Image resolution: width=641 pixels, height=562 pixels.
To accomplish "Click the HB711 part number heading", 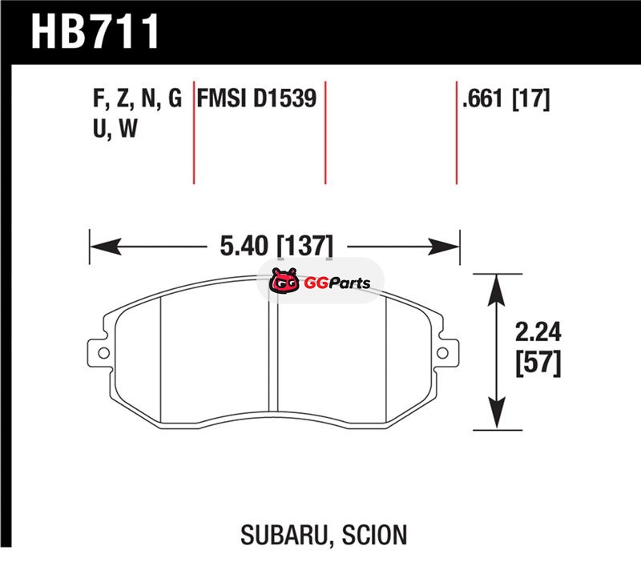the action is [x=95, y=31].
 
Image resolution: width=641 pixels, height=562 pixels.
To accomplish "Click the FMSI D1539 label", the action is [x=256, y=98].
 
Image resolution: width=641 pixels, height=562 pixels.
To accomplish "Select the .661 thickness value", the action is [x=482, y=98].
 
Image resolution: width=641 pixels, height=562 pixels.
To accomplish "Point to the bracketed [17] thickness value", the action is [x=531, y=98].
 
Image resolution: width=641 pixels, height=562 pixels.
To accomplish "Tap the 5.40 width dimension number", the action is [x=244, y=246].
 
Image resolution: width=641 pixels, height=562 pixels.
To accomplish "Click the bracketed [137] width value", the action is [x=305, y=246].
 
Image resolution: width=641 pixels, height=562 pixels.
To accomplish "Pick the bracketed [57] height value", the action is [x=538, y=363].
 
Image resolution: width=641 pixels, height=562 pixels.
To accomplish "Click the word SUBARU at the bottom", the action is [x=285, y=534].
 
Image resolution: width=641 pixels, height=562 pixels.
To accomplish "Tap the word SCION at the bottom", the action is [x=374, y=534].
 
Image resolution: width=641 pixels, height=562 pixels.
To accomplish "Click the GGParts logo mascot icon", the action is [x=284, y=280].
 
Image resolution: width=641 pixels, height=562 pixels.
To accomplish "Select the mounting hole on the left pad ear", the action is [x=104, y=353].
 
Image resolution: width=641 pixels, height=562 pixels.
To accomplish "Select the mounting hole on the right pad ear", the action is [x=443, y=353].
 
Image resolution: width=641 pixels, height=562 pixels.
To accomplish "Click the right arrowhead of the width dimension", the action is [x=444, y=247].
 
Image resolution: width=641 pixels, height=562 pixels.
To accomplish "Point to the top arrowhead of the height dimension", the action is [x=496, y=290].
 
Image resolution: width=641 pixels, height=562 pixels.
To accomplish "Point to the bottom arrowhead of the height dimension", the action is [x=496, y=413].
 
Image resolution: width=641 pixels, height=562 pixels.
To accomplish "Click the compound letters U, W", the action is [x=115, y=129].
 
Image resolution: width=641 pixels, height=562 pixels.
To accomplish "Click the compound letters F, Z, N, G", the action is [x=137, y=99].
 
